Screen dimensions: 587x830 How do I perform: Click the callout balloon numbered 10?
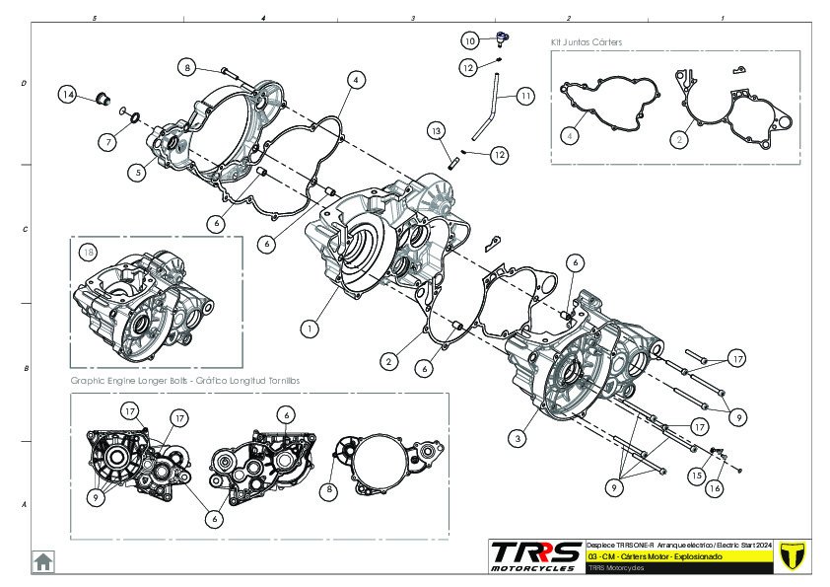pos(470,40)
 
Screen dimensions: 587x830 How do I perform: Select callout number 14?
pos(67,95)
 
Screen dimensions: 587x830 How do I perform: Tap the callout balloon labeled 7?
pos(106,142)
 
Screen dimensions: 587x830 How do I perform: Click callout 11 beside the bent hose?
pos(524,96)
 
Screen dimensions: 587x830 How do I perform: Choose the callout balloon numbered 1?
pos(311,328)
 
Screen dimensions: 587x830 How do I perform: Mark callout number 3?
pos(517,436)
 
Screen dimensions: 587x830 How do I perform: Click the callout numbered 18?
pos(90,253)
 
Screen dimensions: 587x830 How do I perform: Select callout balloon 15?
pos(697,475)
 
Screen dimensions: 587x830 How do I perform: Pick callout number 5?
pos(137,172)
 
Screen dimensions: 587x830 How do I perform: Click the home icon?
pos(43,561)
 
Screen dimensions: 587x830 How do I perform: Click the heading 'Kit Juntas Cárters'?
pos(586,42)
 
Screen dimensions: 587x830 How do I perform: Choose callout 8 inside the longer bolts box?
pos(330,489)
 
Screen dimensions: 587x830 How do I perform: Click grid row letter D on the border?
pos(24,84)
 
